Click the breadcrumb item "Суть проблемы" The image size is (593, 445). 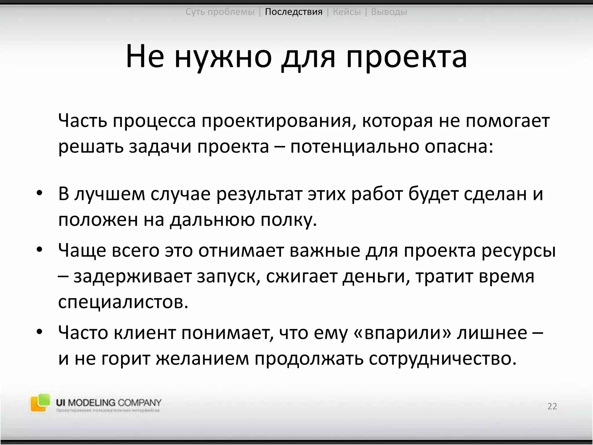[220, 12]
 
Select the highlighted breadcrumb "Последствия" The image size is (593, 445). [294, 12]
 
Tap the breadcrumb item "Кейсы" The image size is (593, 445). [347, 12]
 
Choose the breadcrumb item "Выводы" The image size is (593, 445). [389, 12]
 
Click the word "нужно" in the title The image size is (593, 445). [223, 56]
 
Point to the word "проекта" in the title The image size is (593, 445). [407, 56]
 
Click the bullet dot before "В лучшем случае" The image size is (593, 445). [39, 193]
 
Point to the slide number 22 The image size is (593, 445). [552, 406]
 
